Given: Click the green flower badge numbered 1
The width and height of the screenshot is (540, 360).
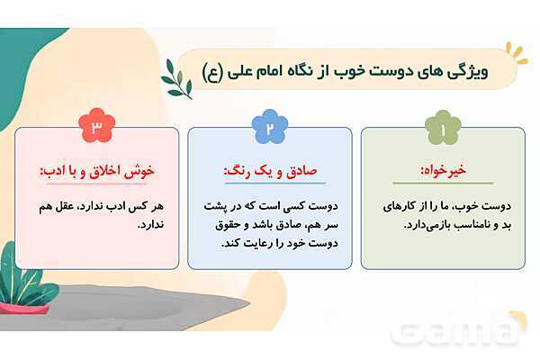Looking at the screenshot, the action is pyautogui.click(x=443, y=128).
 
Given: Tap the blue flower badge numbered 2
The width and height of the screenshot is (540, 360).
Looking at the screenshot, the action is pyautogui.click(x=270, y=126).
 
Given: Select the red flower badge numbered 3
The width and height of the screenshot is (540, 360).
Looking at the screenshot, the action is pyautogui.click(x=97, y=125).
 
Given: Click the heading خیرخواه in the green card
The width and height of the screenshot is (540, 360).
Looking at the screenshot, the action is pyautogui.click(x=444, y=170).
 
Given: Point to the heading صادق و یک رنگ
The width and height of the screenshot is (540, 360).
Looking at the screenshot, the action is pyautogui.click(x=270, y=171).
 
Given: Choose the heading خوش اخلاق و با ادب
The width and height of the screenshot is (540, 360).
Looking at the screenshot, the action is pyautogui.click(x=97, y=171).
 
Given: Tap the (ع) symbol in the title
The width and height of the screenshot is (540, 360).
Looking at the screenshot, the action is pyautogui.click(x=212, y=72).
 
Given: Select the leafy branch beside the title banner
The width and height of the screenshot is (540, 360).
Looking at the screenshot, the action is pyautogui.click(x=176, y=79).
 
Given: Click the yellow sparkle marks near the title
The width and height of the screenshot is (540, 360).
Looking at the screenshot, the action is pyautogui.click(x=517, y=53).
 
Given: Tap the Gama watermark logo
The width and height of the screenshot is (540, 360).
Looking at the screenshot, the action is pyautogui.click(x=459, y=329).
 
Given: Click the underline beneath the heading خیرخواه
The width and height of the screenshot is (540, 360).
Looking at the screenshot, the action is pyautogui.click(x=443, y=183).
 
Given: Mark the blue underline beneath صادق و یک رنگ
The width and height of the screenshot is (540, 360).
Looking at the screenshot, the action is pyautogui.click(x=274, y=183).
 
